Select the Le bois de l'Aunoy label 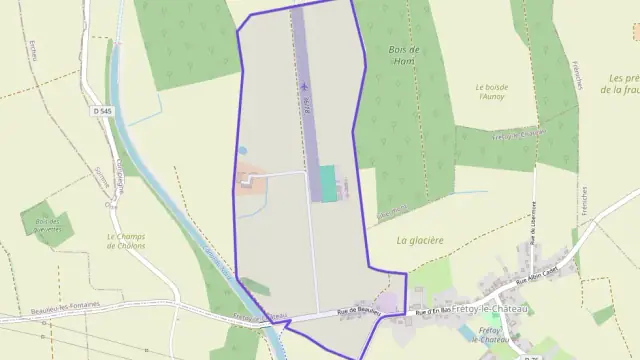[492, 92]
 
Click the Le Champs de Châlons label [126, 241]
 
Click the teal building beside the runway [327, 183]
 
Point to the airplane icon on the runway [300, 85]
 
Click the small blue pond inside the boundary [242, 151]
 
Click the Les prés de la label [622, 84]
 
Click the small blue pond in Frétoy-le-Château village [495, 345]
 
